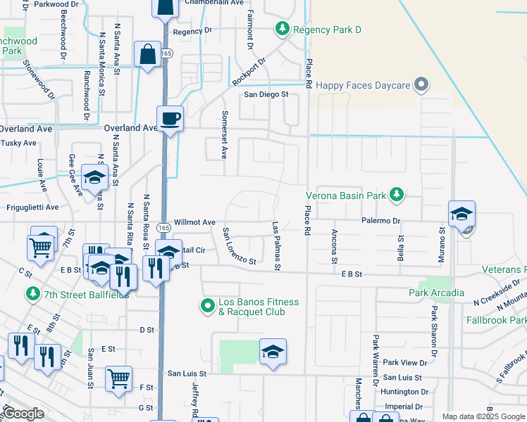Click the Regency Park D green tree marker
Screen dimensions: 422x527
click(282, 29)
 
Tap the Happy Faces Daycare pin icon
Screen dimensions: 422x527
click(422, 85)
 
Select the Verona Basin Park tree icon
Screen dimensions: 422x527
click(397, 194)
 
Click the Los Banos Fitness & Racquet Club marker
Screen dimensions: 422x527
click(207, 306)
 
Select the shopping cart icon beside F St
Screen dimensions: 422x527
click(118, 378)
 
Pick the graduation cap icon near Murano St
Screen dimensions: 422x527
click(461, 214)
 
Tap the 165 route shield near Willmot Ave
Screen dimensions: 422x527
click(163, 228)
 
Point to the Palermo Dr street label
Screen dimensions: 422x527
click(382, 221)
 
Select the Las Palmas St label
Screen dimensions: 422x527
click(277, 246)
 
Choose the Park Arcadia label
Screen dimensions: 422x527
click(436, 293)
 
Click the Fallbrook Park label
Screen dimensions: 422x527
click(496, 320)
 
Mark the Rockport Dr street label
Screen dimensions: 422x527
click(250, 72)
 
